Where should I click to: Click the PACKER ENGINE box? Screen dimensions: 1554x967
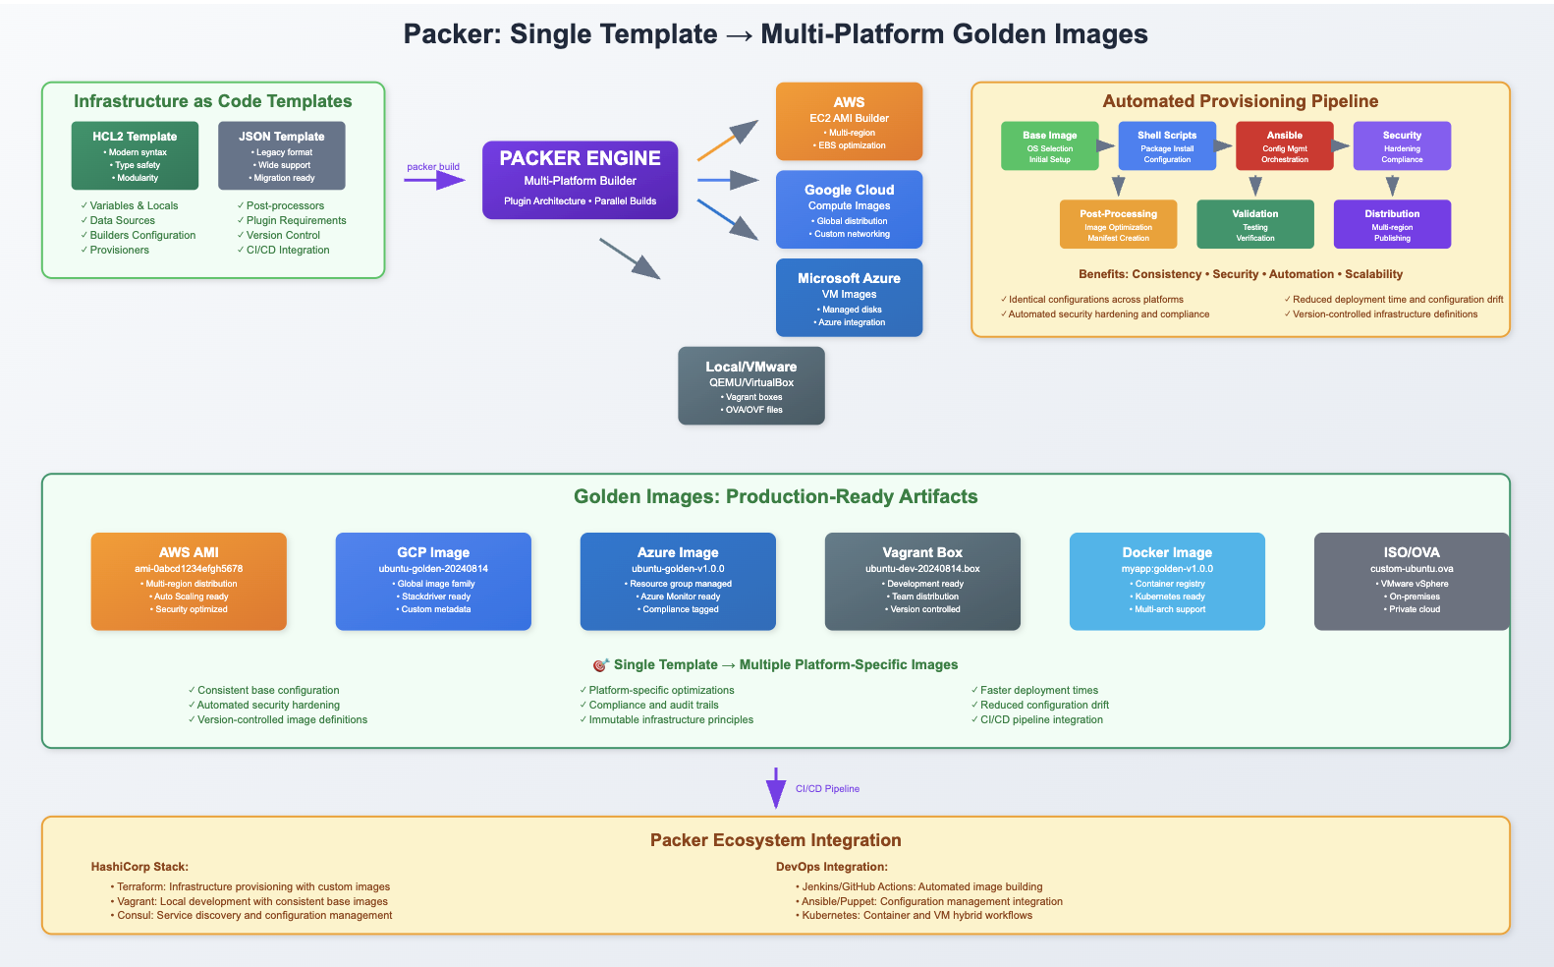(580, 180)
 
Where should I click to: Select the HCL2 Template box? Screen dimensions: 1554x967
(135, 155)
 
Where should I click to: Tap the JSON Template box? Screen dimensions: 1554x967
(282, 155)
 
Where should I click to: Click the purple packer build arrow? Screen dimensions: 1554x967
(434, 181)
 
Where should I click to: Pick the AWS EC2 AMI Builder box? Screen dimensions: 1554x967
(849, 122)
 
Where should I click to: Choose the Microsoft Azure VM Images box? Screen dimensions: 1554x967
(849, 298)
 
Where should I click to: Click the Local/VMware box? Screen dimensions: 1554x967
(751, 385)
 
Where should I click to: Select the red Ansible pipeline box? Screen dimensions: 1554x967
(1284, 145)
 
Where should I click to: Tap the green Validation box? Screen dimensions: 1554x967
(1255, 224)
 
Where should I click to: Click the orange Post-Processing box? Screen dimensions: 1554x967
(1118, 224)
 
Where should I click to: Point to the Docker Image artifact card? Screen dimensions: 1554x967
(1167, 582)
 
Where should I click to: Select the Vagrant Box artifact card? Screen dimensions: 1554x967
(922, 582)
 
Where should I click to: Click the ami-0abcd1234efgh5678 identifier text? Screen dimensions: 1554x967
(189, 569)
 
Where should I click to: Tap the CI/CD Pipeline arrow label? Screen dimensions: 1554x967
(828, 788)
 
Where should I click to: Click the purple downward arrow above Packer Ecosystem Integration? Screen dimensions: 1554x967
(776, 788)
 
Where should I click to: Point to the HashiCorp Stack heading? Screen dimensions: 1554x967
(139, 867)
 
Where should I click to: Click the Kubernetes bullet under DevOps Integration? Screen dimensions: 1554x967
(914, 915)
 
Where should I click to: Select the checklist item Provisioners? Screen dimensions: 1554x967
(115, 250)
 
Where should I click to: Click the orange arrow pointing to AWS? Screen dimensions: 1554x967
(727, 141)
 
